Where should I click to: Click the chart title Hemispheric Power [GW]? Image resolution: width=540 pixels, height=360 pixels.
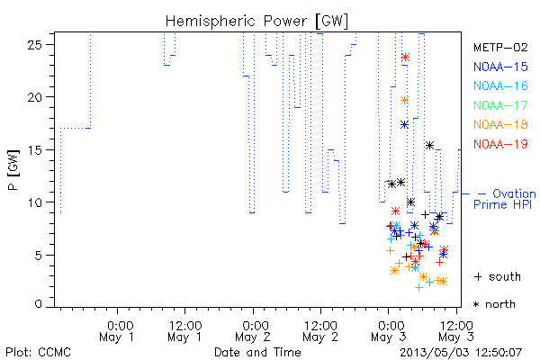(x=256, y=22)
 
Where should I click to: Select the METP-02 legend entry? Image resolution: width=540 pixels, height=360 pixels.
(x=500, y=47)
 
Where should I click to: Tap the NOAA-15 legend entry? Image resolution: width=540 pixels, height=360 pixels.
(x=500, y=67)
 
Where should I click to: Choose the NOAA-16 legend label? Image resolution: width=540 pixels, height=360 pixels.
(x=500, y=85)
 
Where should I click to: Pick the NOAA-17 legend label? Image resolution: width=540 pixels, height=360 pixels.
(x=500, y=105)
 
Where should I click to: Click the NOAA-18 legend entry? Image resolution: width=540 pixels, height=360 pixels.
(x=500, y=124)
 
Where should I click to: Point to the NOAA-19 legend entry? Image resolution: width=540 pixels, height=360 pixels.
(x=500, y=144)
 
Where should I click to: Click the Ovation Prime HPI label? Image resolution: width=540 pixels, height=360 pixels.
(x=505, y=199)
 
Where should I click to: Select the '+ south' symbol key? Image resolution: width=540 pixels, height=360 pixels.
(x=498, y=276)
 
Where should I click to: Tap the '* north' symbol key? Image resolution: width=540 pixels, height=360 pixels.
(x=494, y=304)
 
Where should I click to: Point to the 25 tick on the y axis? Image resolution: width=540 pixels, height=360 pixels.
(x=34, y=45)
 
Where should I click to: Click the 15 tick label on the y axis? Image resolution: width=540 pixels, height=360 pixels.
(x=34, y=150)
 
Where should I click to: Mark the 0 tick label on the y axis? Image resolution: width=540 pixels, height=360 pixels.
(x=39, y=304)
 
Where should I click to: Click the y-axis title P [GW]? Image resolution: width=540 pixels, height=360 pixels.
(x=13, y=170)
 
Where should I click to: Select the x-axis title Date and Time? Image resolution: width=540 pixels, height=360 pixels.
(x=257, y=352)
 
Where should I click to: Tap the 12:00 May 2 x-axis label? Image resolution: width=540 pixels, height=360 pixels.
(x=320, y=331)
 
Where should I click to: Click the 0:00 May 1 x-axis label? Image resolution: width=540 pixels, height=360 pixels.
(x=117, y=331)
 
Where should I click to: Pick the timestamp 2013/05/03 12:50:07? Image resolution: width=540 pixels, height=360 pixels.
(x=461, y=353)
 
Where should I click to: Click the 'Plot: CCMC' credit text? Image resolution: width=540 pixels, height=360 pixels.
(x=38, y=352)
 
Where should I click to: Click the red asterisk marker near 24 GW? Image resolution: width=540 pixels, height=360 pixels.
(x=405, y=58)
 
